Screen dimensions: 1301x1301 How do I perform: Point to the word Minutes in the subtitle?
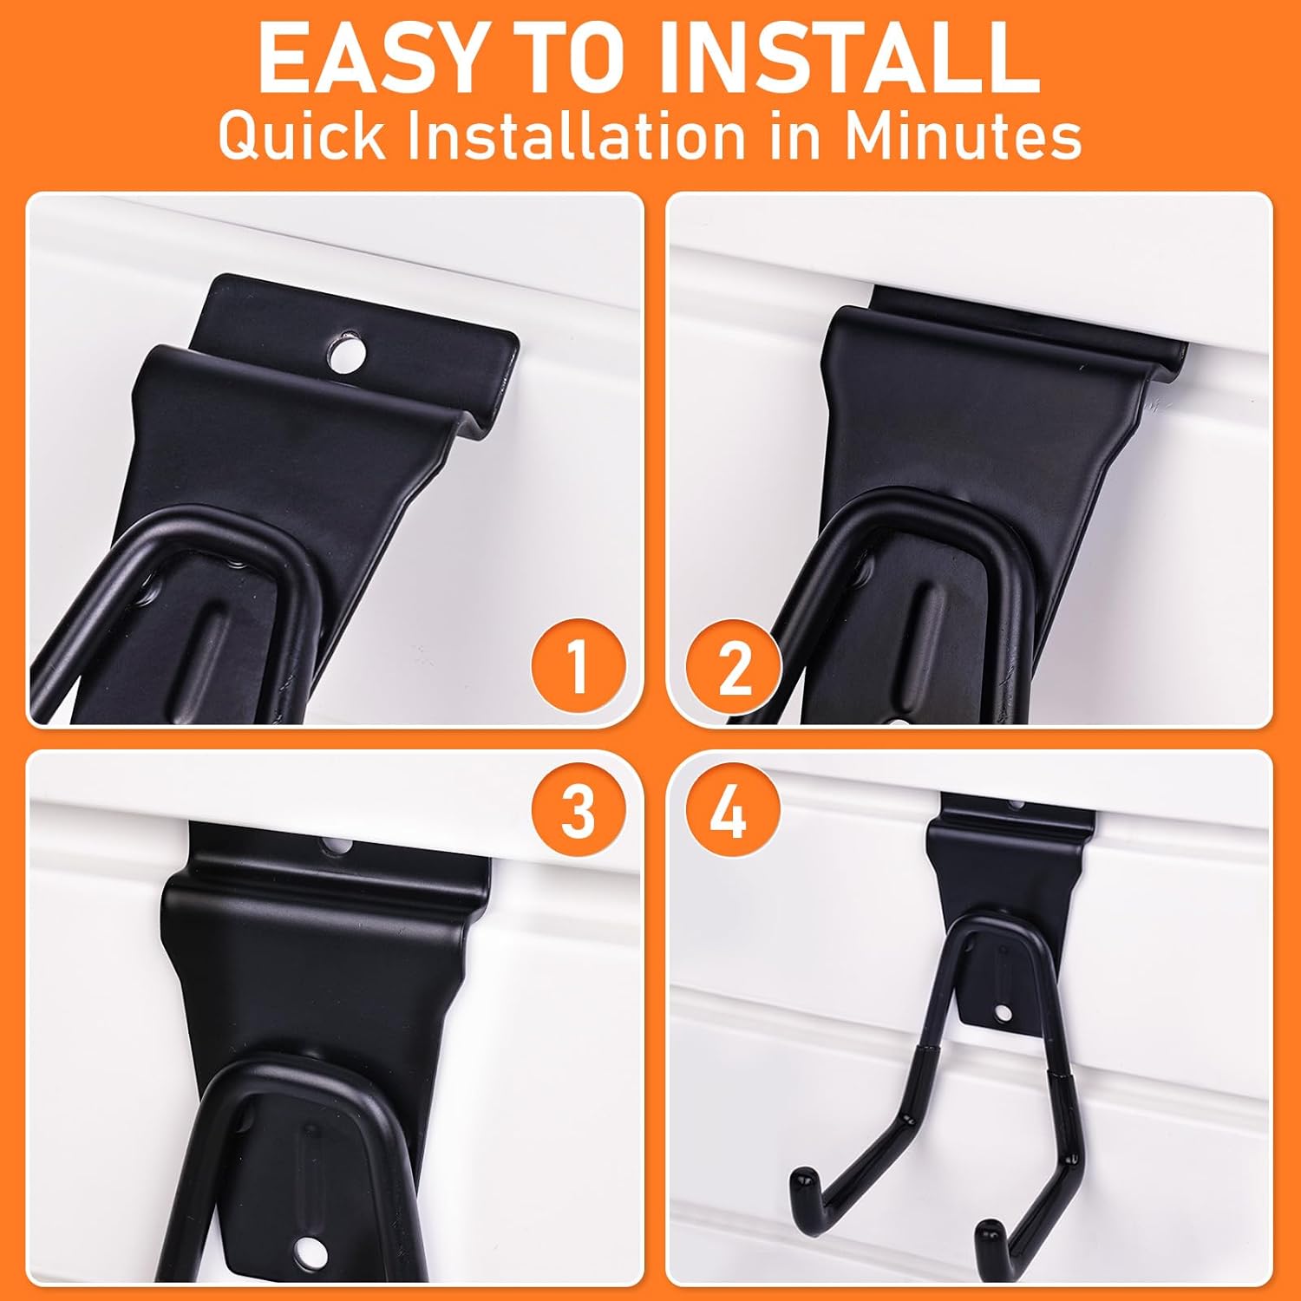(x=963, y=135)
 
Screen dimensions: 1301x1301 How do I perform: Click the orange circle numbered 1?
(x=578, y=666)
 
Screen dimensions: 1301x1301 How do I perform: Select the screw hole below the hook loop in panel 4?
(x=1004, y=1012)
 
